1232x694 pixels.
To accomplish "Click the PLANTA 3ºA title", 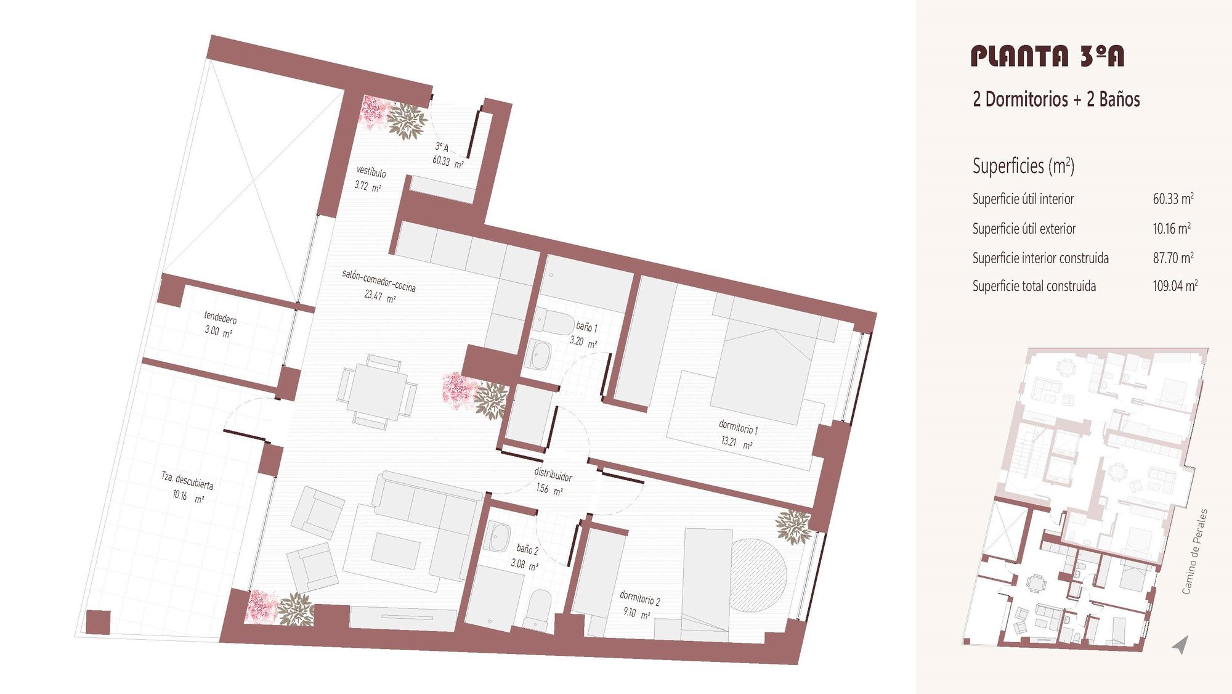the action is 1047,56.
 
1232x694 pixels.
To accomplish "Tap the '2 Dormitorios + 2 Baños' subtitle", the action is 1056,99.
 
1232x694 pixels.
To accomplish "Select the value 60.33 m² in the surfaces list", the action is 1173,198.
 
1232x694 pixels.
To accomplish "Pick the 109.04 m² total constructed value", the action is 1175,285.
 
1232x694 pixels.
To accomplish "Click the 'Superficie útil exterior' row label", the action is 1024,229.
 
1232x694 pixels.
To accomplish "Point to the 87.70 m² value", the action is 1173,258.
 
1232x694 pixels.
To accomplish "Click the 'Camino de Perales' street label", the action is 1194,552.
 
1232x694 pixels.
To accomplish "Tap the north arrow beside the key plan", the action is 1180,645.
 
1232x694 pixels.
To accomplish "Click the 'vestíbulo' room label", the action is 371,171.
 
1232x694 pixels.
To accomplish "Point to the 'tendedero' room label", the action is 221,317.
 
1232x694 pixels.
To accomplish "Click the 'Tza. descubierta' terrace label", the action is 187,481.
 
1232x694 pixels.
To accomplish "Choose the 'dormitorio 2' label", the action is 639,598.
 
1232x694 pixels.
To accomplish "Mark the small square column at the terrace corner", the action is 98,622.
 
